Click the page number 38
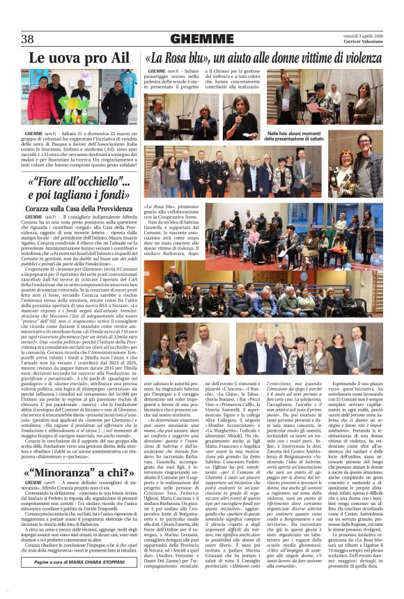[x=28, y=38]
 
